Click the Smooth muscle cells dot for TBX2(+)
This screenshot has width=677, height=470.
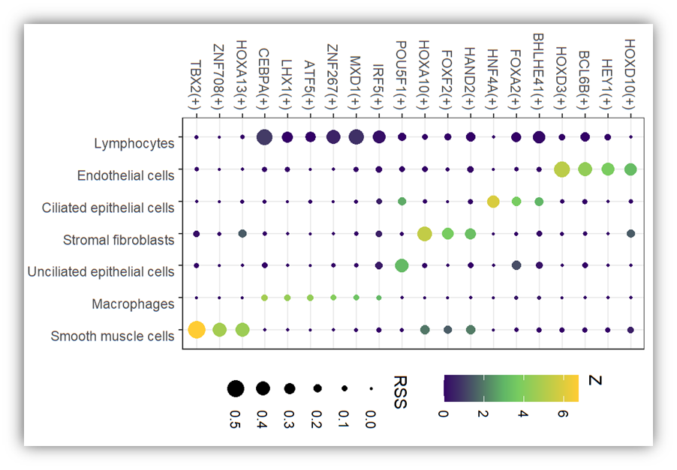pyautogui.click(x=197, y=330)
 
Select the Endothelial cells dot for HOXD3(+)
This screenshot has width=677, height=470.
pyautogui.click(x=561, y=169)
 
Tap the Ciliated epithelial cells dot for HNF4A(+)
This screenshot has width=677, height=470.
pyautogui.click(x=493, y=202)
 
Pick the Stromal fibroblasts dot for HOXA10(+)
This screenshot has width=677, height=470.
pyautogui.click(x=424, y=234)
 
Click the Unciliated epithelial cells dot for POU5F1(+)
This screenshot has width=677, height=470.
pyautogui.click(x=402, y=265)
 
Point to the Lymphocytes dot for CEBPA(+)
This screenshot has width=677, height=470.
pyautogui.click(x=264, y=137)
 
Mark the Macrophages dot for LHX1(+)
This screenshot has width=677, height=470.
pyautogui.click(x=287, y=298)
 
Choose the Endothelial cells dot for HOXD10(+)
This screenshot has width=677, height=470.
pyautogui.click(x=630, y=169)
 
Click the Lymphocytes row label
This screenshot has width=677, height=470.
pyautogui.click(x=134, y=143)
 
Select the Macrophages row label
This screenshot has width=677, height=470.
pyautogui.click(x=133, y=304)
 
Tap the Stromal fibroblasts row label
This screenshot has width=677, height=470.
pyautogui.click(x=119, y=240)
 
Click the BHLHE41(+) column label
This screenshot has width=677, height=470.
pyautogui.click(x=538, y=70)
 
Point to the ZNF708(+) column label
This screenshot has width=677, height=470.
pyautogui.click(x=218, y=76)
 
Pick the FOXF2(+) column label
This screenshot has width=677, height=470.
pyautogui.click(x=447, y=79)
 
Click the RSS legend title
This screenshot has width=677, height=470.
pyautogui.click(x=400, y=392)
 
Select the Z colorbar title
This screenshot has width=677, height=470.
pyautogui.click(x=595, y=380)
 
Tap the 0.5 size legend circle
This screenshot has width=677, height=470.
pyautogui.click(x=236, y=388)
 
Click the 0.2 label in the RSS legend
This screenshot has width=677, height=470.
pyautogui.click(x=317, y=419)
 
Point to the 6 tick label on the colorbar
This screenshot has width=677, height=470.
pyautogui.click(x=563, y=414)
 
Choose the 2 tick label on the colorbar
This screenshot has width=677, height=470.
pyautogui.click(x=483, y=414)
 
